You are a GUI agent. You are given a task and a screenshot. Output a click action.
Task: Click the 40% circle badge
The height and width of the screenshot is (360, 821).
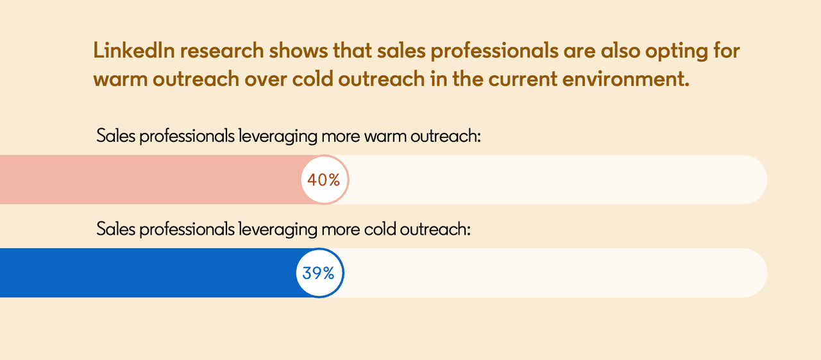[324, 180]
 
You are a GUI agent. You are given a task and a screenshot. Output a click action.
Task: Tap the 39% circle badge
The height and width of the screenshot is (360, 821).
[319, 273]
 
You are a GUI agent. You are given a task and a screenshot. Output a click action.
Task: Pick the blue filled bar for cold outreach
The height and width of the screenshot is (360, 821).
[148, 273]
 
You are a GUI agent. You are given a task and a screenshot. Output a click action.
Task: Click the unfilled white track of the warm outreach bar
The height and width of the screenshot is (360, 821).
[552, 180]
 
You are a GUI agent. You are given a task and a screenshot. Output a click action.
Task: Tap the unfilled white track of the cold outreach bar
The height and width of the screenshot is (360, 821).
[552, 273]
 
